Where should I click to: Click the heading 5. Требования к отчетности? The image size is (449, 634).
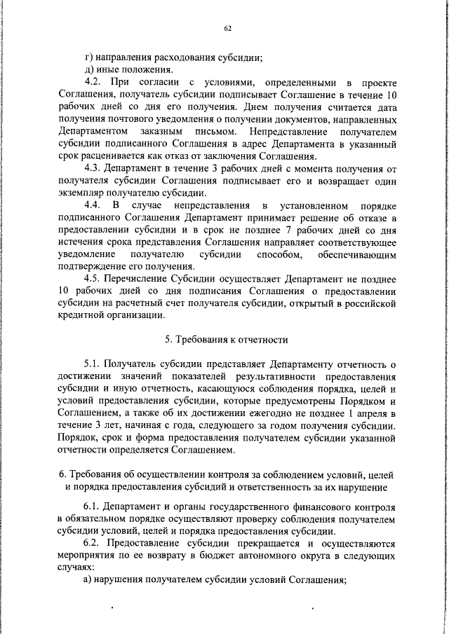click(227, 340)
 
